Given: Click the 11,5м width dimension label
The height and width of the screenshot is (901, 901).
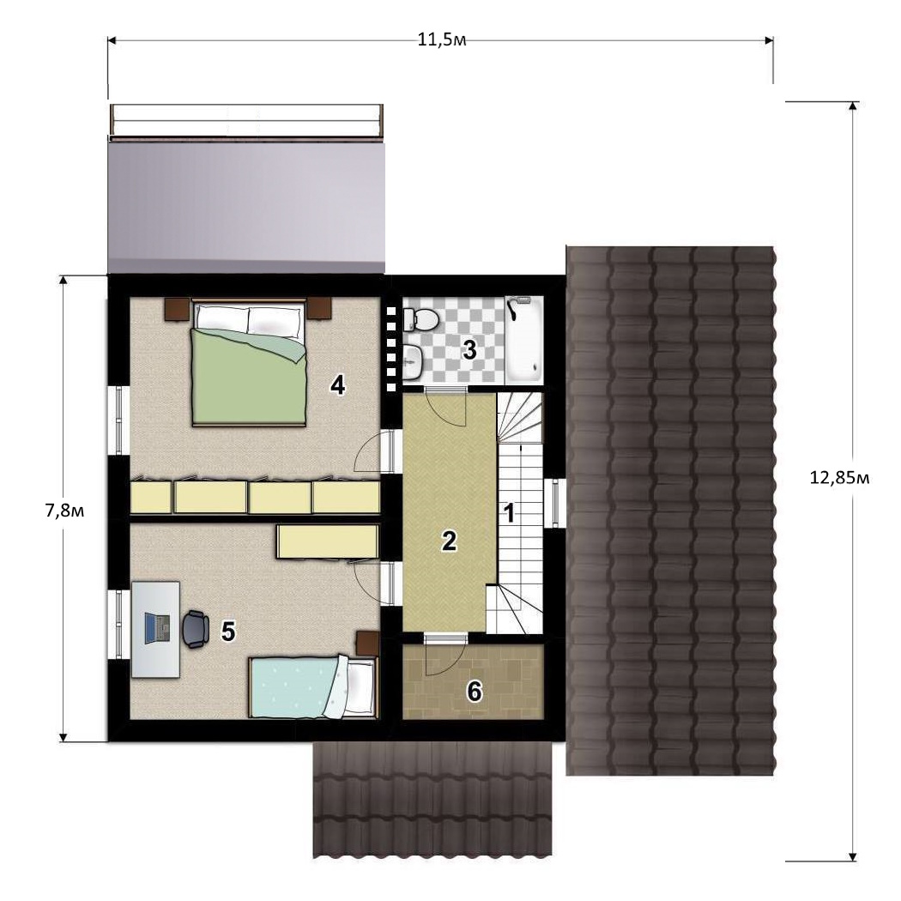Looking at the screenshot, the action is [441, 40].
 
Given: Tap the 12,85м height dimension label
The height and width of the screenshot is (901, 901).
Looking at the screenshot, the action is [839, 477].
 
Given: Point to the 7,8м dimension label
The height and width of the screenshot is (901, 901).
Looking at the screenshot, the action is [64, 511].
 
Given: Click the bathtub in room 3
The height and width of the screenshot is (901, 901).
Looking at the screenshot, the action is [523, 339].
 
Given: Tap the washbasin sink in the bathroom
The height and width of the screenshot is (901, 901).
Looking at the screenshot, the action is [413, 363].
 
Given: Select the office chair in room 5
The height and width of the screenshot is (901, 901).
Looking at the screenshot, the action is [196, 629].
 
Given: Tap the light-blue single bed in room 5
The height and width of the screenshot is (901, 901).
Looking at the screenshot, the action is [312, 688].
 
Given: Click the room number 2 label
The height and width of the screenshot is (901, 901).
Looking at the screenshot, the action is [449, 541].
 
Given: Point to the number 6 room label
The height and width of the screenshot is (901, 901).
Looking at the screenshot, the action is [474, 692].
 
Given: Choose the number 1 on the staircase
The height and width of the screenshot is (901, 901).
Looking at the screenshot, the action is [509, 513].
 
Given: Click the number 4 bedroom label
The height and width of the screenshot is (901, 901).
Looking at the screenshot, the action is [337, 385].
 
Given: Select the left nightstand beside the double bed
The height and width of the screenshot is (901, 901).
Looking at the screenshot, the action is [177, 309].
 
